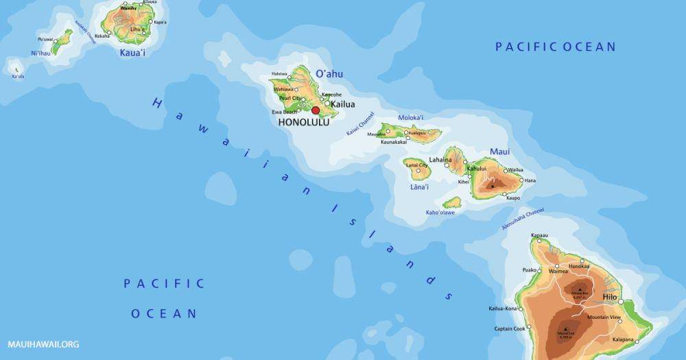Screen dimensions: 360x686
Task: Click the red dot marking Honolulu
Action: pos(316,110)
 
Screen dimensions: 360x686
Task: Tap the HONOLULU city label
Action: pos(303,122)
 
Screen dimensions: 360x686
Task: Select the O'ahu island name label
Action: pos(329,74)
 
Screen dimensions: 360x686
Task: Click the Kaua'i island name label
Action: pos(132,52)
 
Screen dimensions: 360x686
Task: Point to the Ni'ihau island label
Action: pos(41,53)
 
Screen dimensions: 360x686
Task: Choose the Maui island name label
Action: pos(499,152)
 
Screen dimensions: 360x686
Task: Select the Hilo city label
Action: pos(610,297)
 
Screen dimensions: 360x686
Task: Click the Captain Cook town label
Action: pos(510,328)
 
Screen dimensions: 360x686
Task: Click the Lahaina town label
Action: pos(440,160)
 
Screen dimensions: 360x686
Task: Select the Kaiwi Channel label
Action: pos(361,123)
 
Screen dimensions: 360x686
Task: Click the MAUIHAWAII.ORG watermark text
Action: pos(43,344)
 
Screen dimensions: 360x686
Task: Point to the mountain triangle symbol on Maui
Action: pos(492,185)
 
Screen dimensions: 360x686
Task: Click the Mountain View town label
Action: pos(604,317)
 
